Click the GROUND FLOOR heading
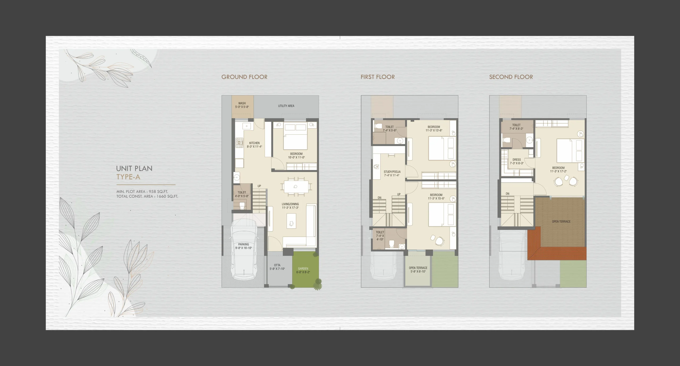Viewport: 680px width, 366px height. (x=244, y=77)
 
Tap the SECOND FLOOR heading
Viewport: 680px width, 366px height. (x=511, y=77)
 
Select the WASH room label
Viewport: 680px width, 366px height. (x=242, y=105)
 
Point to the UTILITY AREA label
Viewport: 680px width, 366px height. (x=286, y=106)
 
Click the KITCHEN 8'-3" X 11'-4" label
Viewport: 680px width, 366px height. (x=254, y=145)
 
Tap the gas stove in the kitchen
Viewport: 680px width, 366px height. (x=239, y=143)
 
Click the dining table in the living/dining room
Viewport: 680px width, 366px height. (x=296, y=187)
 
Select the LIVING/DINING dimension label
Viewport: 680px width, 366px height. (x=290, y=206)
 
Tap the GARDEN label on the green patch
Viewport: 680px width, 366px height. (x=303, y=270)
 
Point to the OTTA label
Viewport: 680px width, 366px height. (x=277, y=267)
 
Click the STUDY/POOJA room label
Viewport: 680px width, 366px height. (x=392, y=173)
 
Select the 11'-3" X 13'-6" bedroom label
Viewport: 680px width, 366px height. (x=434, y=129)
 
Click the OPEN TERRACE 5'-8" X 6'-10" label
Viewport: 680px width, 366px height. (x=418, y=270)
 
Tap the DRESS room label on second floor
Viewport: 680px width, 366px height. (x=517, y=161)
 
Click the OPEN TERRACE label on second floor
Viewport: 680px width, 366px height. (x=561, y=222)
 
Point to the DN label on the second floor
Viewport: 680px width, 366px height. (x=507, y=194)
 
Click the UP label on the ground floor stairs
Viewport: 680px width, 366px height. (x=259, y=186)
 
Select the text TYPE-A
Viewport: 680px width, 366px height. (x=128, y=177)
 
